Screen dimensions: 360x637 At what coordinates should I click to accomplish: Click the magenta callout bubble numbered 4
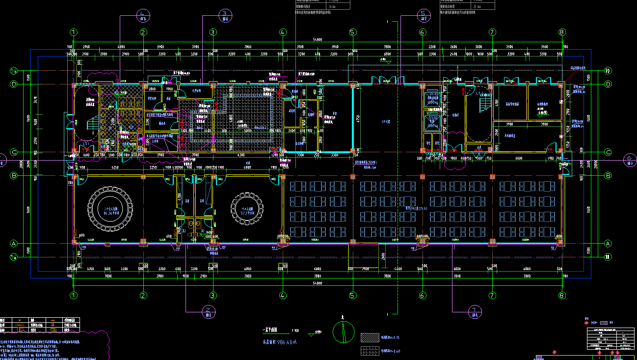(143, 15)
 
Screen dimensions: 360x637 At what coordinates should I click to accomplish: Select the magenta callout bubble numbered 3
(225, 15)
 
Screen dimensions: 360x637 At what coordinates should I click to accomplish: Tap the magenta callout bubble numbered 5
(424, 15)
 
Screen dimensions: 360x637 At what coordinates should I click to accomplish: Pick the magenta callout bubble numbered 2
(209, 311)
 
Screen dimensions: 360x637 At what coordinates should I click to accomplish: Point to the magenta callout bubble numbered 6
(629, 159)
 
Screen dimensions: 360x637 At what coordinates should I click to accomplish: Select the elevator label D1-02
(433, 118)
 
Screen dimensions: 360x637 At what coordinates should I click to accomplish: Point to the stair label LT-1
(86, 143)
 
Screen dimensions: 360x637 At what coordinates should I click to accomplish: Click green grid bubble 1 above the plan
(74, 32)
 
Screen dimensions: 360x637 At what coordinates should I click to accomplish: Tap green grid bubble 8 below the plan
(562, 296)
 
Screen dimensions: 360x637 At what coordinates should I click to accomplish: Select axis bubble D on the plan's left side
(14, 84)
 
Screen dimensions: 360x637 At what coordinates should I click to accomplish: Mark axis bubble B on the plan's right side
(608, 175)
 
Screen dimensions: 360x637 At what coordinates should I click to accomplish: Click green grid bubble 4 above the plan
(283, 32)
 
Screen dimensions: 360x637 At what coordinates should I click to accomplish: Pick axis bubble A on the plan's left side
(14, 243)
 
